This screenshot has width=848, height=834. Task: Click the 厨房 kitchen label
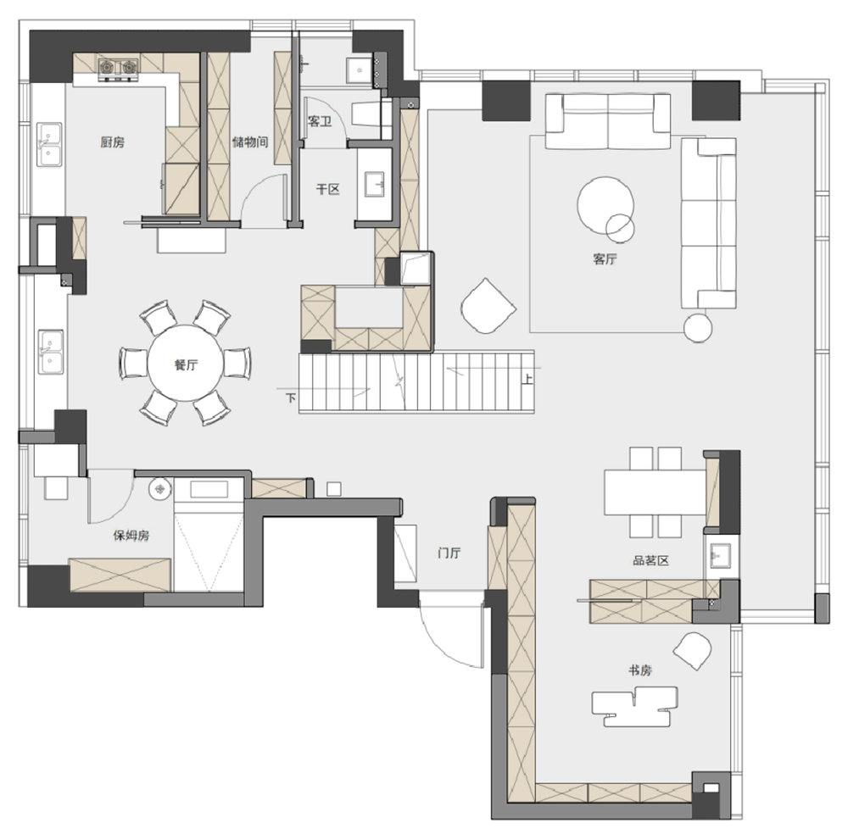click(x=113, y=142)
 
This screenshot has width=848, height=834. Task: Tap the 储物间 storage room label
click(x=250, y=142)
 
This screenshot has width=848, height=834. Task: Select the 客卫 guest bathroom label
click(x=319, y=121)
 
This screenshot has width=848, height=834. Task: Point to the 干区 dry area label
click(x=327, y=189)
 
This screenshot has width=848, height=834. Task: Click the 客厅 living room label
click(x=605, y=259)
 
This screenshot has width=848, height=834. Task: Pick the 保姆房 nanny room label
click(x=131, y=535)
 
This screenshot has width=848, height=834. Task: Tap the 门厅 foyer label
click(x=449, y=553)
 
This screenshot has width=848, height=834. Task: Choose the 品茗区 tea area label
click(x=650, y=560)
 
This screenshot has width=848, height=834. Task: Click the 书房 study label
click(x=639, y=670)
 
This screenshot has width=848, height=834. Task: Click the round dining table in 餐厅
click(x=186, y=363)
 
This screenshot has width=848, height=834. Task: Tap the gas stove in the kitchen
click(x=118, y=68)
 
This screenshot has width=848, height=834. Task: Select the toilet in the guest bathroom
click(x=370, y=114)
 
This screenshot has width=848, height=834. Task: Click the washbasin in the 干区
click(x=374, y=185)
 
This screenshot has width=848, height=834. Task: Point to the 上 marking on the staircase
click(x=527, y=379)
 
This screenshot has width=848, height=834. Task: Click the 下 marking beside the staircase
click(x=291, y=398)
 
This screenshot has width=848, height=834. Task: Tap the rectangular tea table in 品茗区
click(x=655, y=492)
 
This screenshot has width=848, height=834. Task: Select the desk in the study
click(x=634, y=706)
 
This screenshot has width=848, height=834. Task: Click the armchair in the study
click(x=692, y=651)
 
